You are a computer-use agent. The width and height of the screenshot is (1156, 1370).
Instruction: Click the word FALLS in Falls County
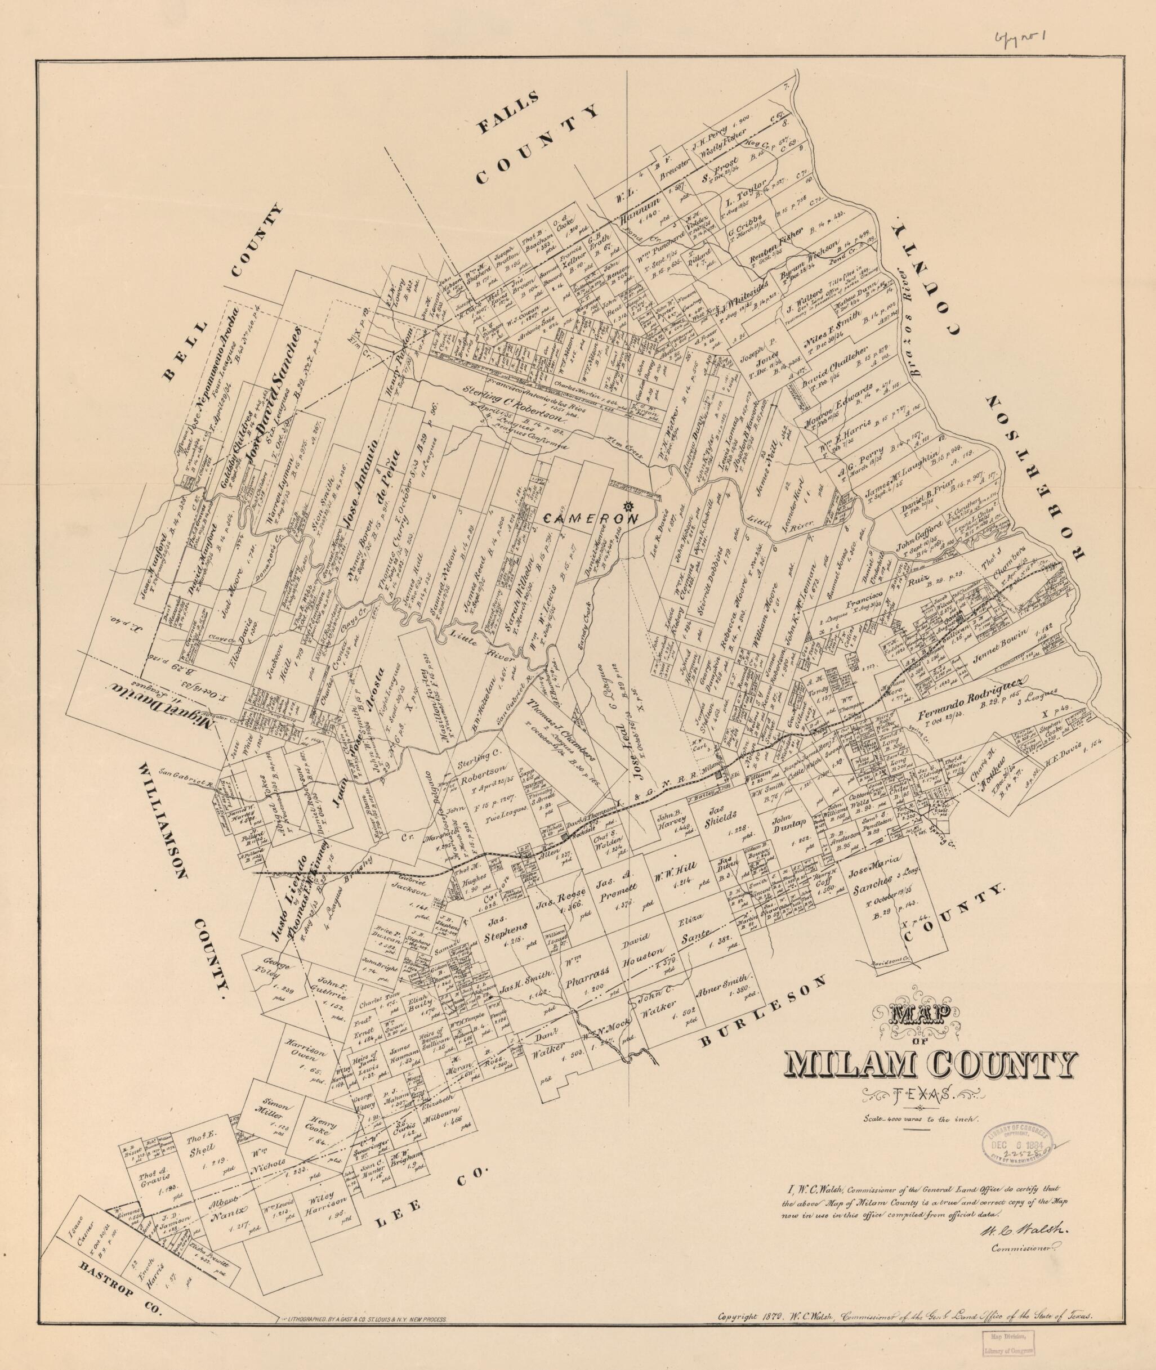[x=508, y=113]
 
